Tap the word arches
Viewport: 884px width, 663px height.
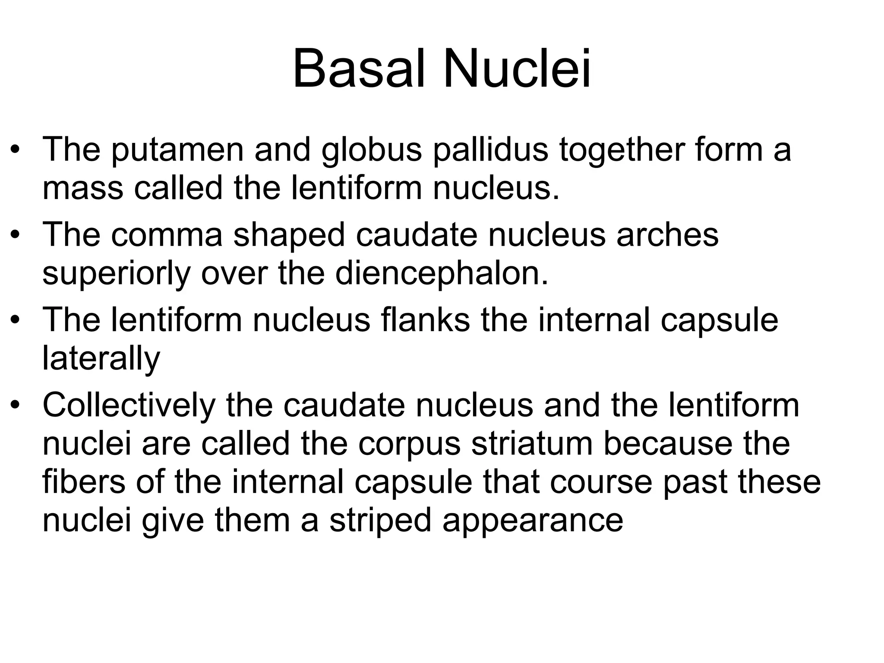[667, 235]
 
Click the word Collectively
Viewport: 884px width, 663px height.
[129, 406]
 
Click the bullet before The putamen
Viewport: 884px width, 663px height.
[16, 151]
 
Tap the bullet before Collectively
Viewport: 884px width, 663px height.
[16, 406]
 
